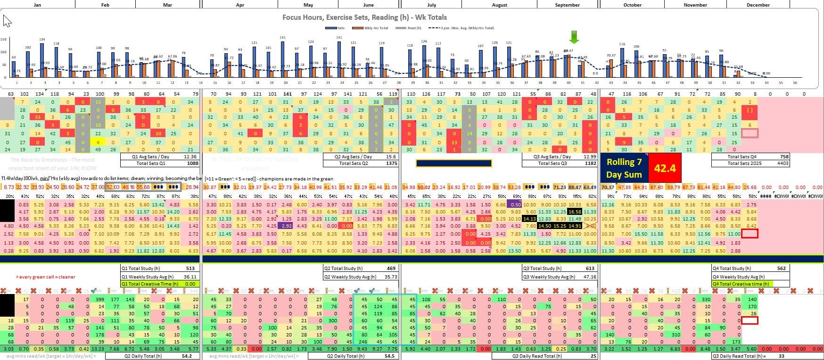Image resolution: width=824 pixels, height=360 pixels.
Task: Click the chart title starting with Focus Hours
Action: click(364, 17)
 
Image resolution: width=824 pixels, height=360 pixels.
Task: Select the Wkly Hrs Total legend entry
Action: click(376, 28)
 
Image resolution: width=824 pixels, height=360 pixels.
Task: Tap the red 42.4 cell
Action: click(665, 168)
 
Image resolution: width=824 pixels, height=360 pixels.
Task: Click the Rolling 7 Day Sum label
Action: click(624, 168)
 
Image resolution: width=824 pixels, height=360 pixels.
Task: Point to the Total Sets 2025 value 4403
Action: click(781, 163)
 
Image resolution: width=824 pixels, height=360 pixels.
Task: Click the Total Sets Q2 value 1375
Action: click(392, 163)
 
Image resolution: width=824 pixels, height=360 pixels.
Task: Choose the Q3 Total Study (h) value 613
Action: click(590, 268)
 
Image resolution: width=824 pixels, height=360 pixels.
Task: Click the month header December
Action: click(758, 5)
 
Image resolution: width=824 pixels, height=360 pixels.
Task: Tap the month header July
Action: click(431, 5)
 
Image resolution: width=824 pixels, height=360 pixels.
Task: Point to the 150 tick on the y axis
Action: click(3, 40)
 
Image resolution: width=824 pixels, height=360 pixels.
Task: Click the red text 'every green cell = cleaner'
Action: click(45, 277)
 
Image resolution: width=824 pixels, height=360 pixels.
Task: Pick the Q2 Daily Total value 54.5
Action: click(389, 356)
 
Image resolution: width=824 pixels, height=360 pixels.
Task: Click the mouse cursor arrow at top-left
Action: click(7, 21)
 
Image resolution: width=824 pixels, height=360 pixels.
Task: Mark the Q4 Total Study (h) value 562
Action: click(781, 268)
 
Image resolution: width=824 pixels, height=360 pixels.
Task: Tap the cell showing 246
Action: click(364, 342)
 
